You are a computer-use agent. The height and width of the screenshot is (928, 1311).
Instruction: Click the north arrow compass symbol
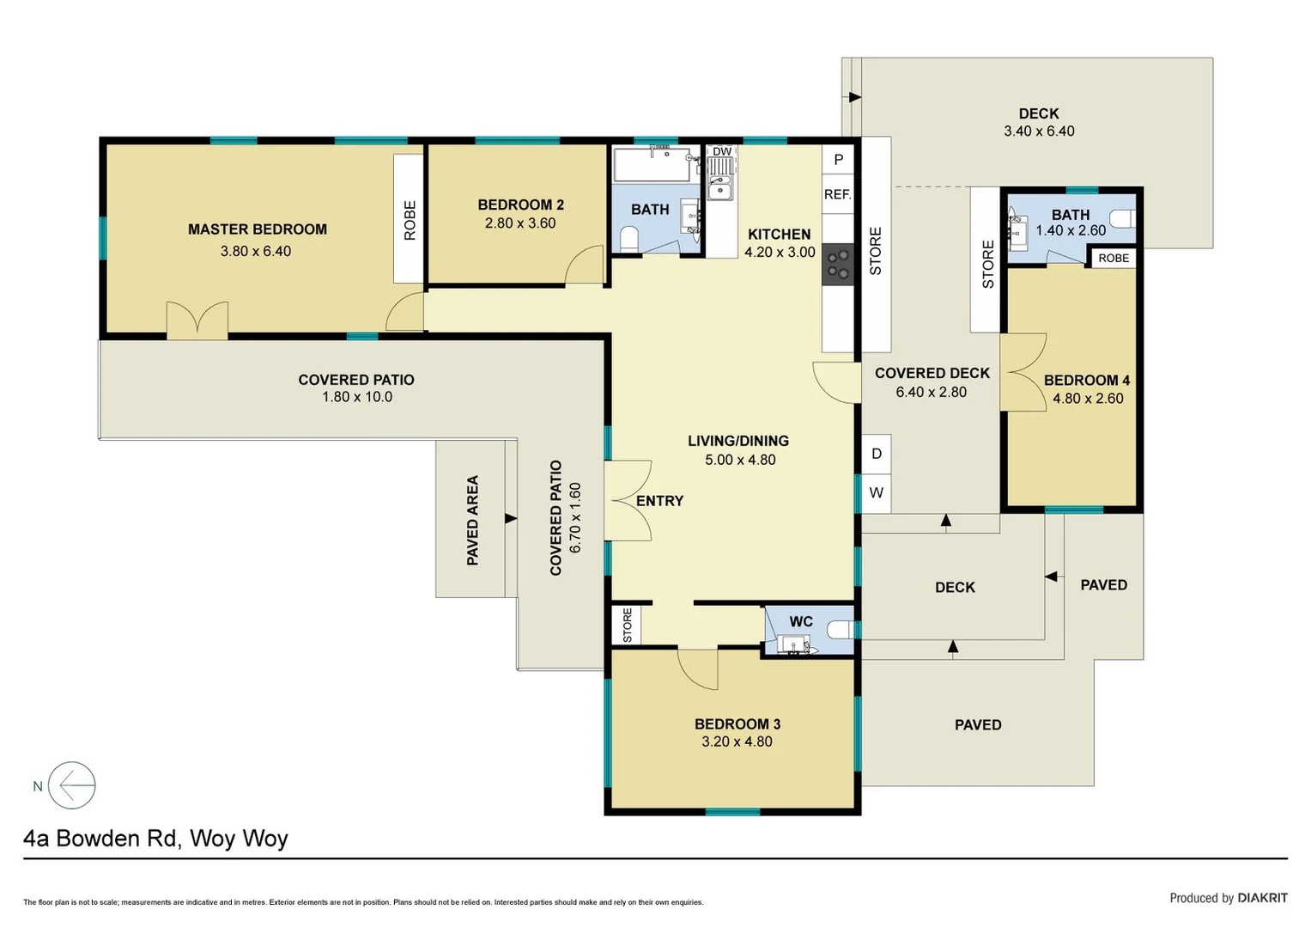[x=71, y=785]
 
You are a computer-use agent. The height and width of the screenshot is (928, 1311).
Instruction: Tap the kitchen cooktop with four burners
[x=838, y=264]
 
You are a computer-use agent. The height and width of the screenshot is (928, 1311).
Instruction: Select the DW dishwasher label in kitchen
[x=722, y=151]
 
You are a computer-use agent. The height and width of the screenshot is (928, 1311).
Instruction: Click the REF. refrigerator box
[x=838, y=194]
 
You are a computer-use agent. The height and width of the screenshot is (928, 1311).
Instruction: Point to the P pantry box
[x=838, y=159]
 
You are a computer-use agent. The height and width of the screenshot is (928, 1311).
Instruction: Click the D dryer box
[x=876, y=454]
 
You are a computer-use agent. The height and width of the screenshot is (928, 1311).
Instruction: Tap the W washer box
[x=876, y=493]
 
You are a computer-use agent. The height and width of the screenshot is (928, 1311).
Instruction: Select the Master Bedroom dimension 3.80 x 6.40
[x=256, y=251]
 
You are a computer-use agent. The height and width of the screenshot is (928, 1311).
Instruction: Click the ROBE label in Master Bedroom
[x=410, y=219]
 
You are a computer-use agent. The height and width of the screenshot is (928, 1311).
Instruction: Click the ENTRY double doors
[x=628, y=501]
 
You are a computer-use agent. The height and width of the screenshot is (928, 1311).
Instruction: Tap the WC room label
[x=800, y=621]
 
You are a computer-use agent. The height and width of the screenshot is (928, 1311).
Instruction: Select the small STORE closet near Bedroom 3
[x=627, y=625]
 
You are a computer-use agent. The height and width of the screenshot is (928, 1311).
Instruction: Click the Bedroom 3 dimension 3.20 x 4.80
[x=737, y=742]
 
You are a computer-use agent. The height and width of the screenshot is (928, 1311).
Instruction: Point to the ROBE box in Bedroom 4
[x=1114, y=258]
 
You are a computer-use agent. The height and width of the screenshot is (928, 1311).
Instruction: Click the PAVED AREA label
[x=472, y=520]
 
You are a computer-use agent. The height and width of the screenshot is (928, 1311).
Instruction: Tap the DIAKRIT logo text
[x=1262, y=898]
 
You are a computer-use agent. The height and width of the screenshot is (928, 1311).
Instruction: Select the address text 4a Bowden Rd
[x=155, y=838]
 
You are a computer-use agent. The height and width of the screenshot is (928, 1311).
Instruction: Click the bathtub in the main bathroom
[x=652, y=164]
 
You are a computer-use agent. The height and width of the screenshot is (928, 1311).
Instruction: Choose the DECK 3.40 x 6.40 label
[x=1039, y=122]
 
